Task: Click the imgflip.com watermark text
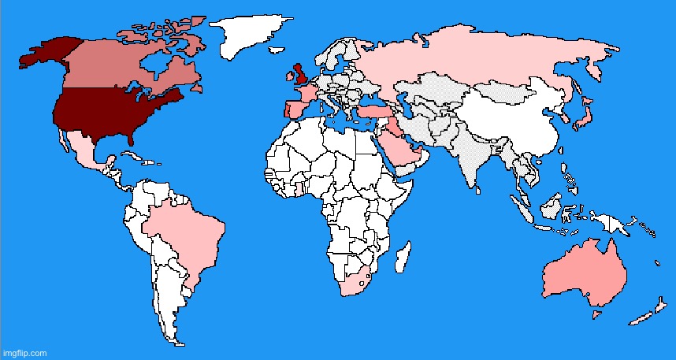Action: tap(24, 352)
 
